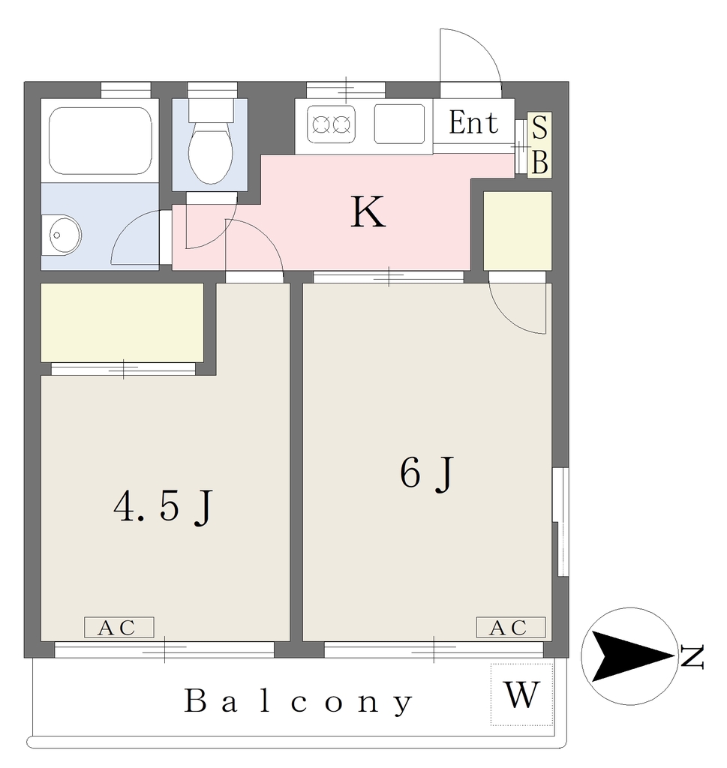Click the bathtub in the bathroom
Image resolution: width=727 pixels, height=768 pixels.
[100, 140]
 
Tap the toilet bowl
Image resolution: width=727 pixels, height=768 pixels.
[211, 151]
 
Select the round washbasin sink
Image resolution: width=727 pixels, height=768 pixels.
[62, 235]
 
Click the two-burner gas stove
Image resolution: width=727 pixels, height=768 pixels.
[331, 124]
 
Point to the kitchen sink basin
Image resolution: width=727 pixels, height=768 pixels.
[399, 124]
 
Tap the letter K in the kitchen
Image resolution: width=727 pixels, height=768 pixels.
[368, 211]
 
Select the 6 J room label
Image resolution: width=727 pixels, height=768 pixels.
[427, 473]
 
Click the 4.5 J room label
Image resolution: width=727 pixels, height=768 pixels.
[163, 507]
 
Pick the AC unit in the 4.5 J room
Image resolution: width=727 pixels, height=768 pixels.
[119, 628]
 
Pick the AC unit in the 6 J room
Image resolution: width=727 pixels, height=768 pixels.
[511, 628]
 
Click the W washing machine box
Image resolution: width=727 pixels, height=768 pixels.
[522, 694]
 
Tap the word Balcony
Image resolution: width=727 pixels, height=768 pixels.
[299, 702]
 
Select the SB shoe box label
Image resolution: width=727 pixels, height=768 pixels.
[539, 145]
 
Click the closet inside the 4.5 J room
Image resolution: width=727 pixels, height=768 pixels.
[122, 322]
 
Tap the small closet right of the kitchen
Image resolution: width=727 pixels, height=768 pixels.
[518, 231]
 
